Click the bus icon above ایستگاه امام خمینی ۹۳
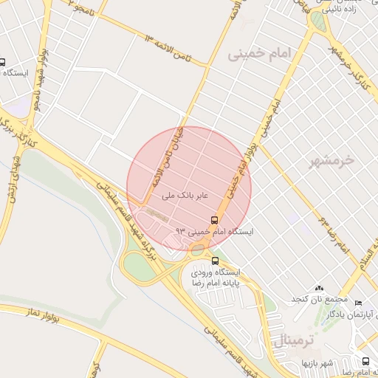click(x=215, y=220)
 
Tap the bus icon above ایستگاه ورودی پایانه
click(x=216, y=261)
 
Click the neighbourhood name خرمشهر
click(x=332, y=160)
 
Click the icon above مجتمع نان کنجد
click(x=318, y=287)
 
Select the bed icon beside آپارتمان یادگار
click(x=359, y=303)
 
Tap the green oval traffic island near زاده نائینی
click(x=317, y=21)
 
